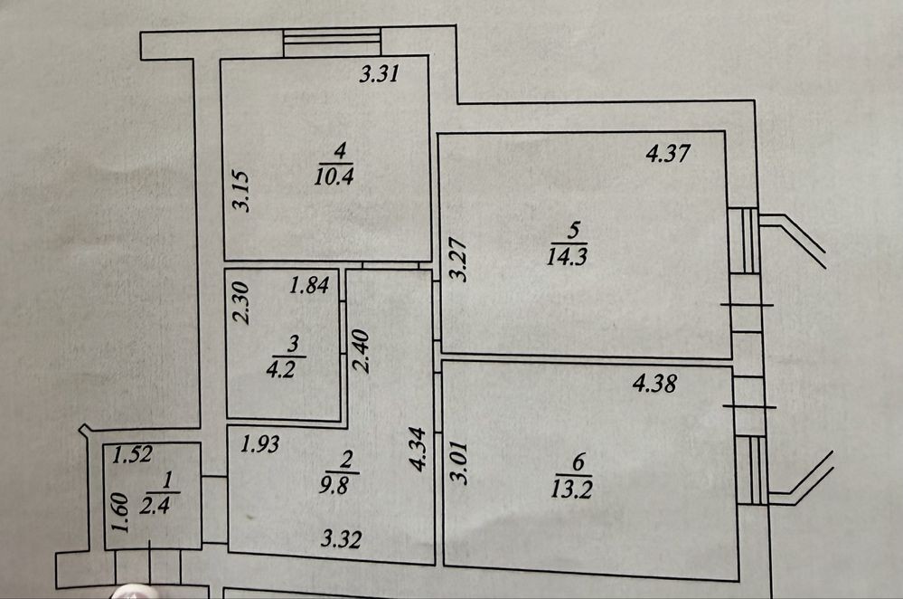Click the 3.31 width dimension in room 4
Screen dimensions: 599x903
(x=380, y=76)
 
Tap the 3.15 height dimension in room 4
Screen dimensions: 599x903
(x=240, y=191)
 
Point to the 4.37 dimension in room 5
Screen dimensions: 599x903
(x=668, y=154)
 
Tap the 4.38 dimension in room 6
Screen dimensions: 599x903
(x=656, y=384)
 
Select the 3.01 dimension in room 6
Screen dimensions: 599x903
(x=460, y=462)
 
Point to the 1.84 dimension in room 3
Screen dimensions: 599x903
(x=307, y=288)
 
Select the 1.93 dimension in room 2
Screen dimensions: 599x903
(x=259, y=444)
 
